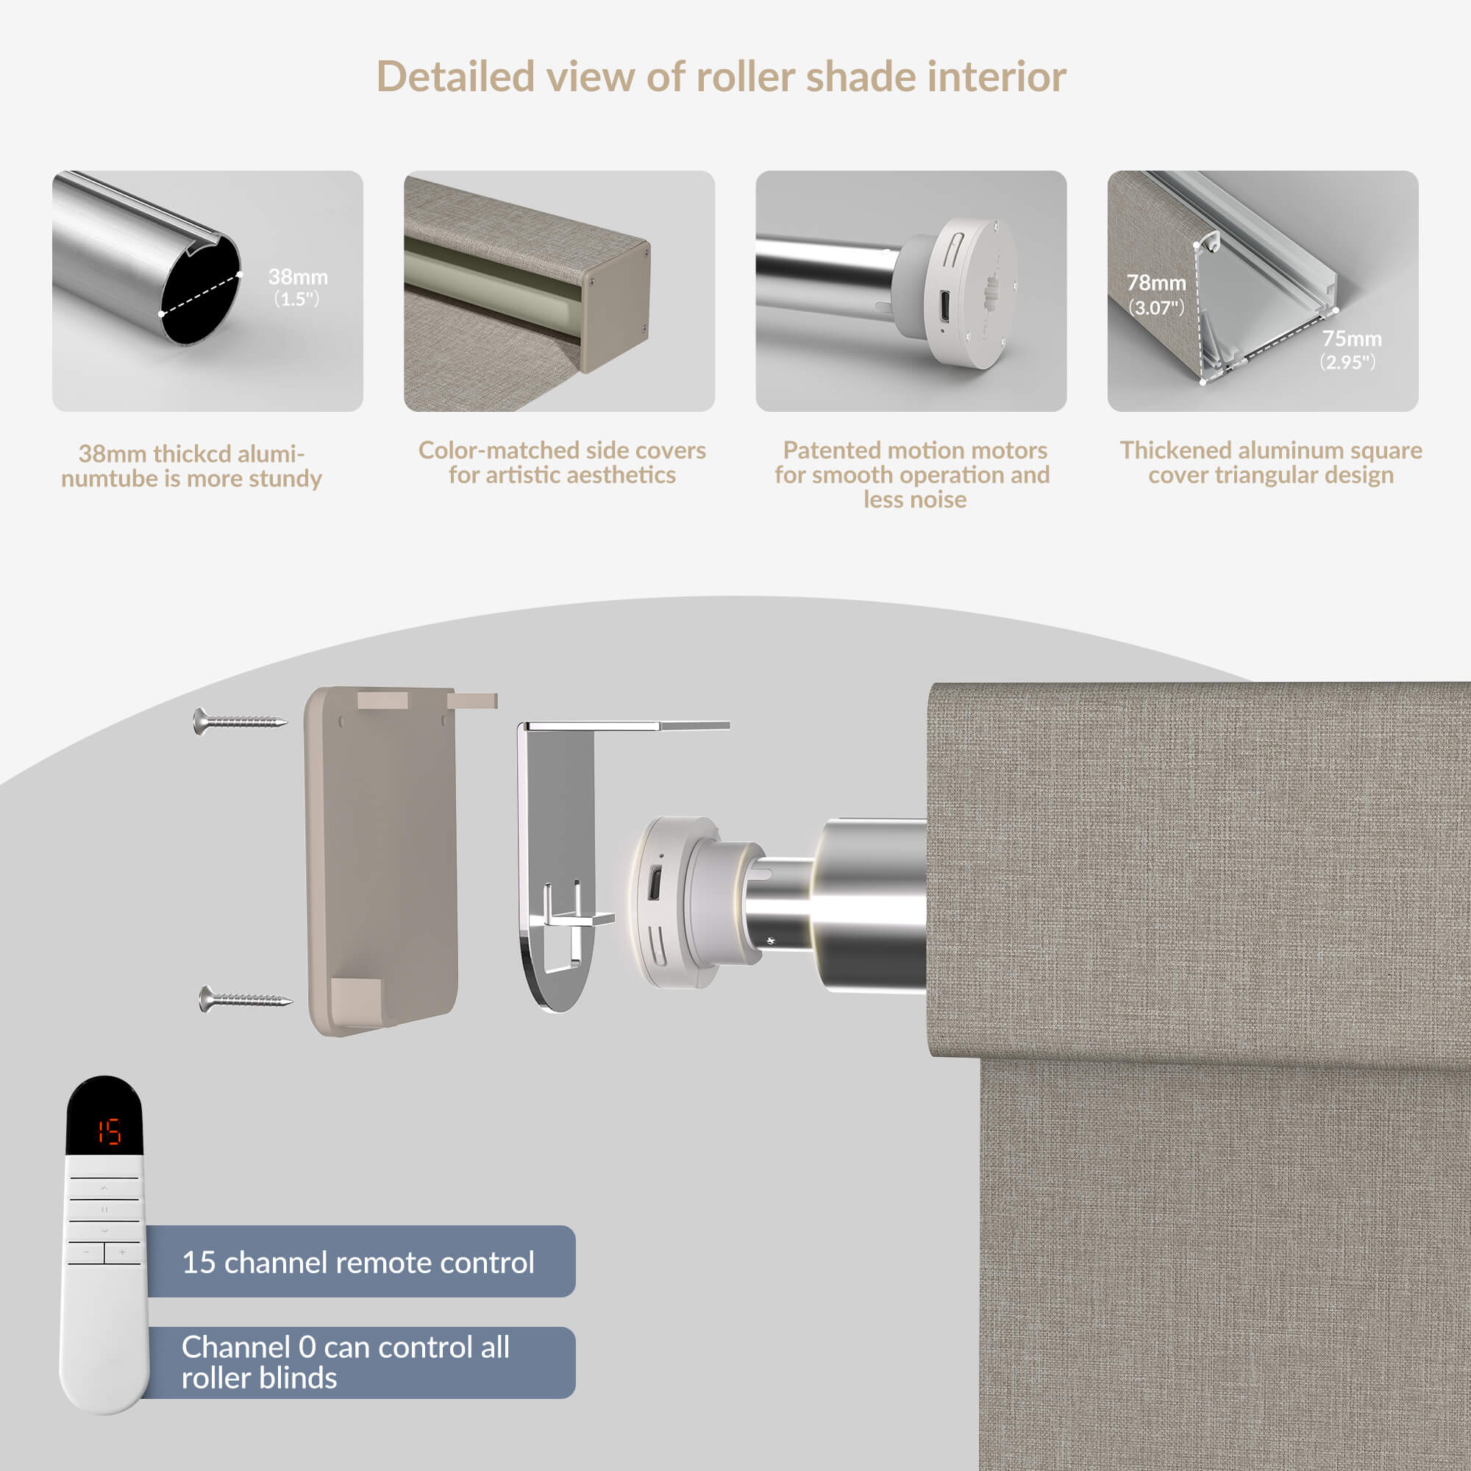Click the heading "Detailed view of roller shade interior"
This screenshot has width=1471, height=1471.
pos(721,77)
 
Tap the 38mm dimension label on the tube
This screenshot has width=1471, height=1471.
pos(298,286)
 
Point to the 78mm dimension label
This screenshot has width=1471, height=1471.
pos(1155,294)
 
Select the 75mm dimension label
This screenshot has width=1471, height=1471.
pos(1350,349)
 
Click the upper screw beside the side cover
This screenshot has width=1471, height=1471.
pos(240,720)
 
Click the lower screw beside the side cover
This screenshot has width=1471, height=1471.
pos(245,998)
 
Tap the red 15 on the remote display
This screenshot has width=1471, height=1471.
pos(109,1132)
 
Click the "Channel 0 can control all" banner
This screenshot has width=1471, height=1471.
pos(358,1363)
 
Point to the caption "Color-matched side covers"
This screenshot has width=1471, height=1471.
pos(562,450)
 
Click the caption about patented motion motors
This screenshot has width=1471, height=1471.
pos(912,474)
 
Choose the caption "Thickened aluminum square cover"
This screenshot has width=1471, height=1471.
pos(1271,462)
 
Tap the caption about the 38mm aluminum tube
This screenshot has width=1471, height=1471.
pos(191,466)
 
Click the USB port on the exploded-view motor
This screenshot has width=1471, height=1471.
pos(654,883)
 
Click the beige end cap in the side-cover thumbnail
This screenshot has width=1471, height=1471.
pos(615,307)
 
